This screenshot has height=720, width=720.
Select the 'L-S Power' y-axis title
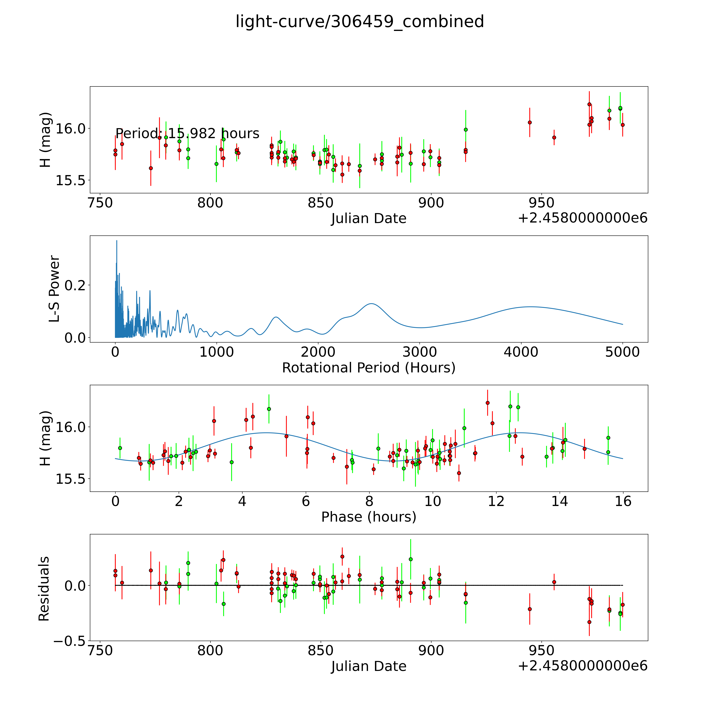tap(54, 289)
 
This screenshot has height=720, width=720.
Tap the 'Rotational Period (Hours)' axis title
tap(369, 368)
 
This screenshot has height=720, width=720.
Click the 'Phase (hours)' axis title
tap(369, 517)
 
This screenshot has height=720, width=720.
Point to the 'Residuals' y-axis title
tap(44, 589)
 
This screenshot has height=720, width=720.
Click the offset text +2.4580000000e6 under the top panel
tap(583, 218)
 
